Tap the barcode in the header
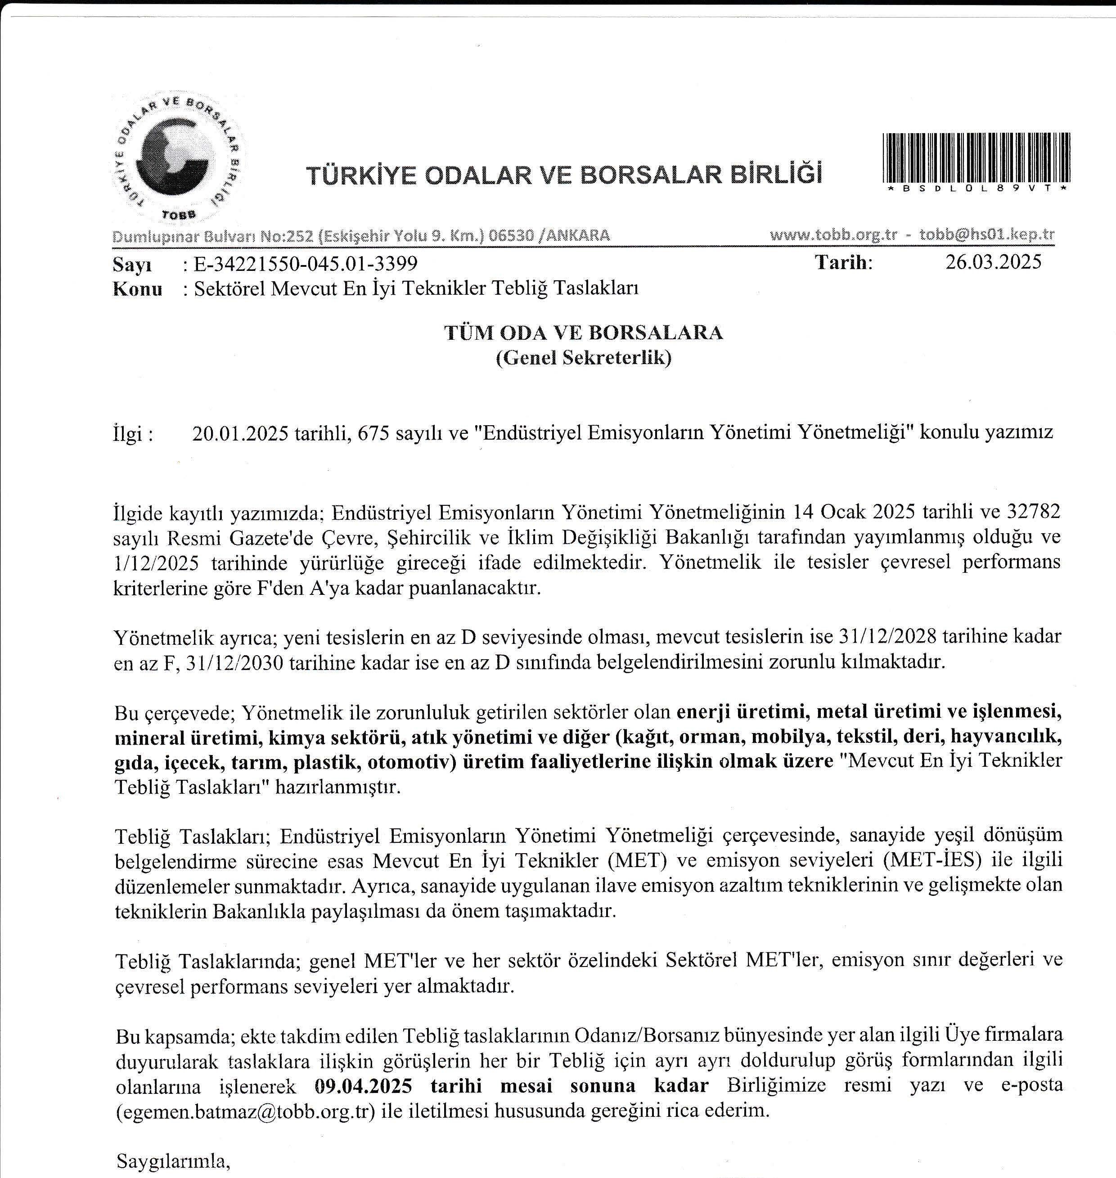click(977, 157)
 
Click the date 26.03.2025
click(994, 262)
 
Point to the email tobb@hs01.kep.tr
click(987, 234)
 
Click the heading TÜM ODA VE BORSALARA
click(584, 333)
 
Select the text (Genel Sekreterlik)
click(584, 358)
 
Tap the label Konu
click(137, 289)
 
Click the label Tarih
click(843, 262)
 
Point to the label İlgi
click(133, 434)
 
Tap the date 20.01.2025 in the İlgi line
click(241, 433)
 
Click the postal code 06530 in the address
click(509, 236)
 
